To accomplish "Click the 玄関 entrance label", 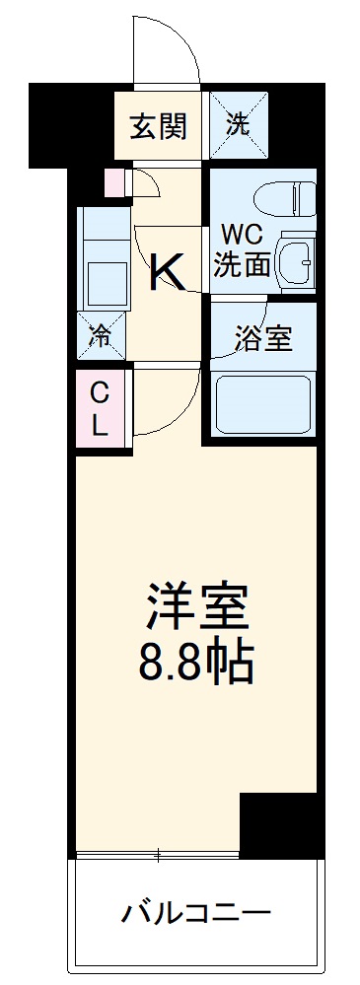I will point(158,127).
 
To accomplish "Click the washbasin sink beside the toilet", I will point(296,259).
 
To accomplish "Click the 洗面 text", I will point(243,263).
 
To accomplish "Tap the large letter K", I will point(168,271).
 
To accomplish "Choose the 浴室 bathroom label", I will point(261,338).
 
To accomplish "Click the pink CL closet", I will point(102,409).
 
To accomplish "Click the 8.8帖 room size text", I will point(196,666).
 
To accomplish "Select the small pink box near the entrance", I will point(115,181).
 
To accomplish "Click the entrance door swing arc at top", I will point(169,49).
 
